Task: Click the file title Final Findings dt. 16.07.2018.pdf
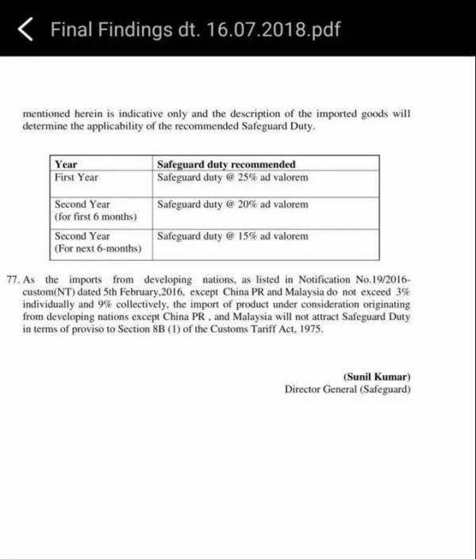click(x=196, y=30)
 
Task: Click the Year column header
click(x=66, y=165)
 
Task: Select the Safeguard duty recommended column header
click(x=226, y=165)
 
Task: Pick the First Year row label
click(x=76, y=178)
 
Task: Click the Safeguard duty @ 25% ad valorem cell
click(x=232, y=178)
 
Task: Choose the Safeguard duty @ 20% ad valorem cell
click(x=232, y=205)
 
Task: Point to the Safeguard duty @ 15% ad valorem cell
click(x=232, y=236)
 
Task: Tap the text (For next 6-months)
click(x=98, y=249)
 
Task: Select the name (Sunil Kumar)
click(x=377, y=377)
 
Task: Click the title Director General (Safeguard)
click(x=347, y=389)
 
